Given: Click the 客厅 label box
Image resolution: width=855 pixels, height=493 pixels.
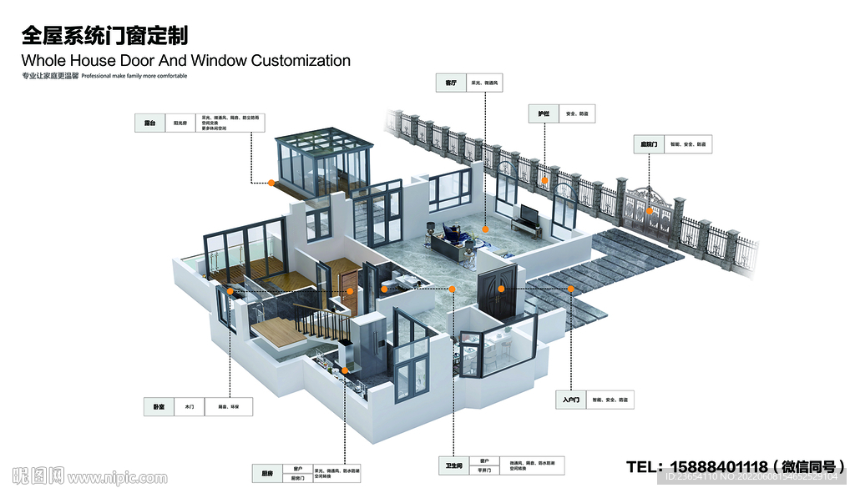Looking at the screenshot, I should click(451, 83).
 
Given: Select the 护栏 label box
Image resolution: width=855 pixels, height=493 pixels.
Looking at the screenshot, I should click(544, 113).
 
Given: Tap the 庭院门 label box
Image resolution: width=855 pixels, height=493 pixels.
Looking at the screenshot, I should click(649, 144).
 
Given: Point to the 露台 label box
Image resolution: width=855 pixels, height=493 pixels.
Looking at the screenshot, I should click(150, 123).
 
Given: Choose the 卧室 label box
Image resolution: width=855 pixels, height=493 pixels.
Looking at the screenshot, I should click(159, 407).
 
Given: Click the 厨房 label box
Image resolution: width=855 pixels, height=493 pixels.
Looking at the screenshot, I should click(267, 473).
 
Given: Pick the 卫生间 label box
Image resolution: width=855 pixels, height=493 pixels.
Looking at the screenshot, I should click(454, 465).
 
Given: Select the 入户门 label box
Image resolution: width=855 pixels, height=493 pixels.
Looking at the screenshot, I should click(571, 400).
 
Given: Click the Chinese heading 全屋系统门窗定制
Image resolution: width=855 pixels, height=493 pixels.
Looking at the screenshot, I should click(104, 35).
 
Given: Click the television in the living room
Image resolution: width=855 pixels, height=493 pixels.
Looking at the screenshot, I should click(526, 214).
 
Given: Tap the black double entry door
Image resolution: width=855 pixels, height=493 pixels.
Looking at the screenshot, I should click(501, 292).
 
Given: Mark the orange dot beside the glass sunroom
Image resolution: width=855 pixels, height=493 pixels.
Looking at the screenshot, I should click(271, 182).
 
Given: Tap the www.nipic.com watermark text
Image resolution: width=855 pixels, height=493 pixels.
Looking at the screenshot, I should click(117, 478).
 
